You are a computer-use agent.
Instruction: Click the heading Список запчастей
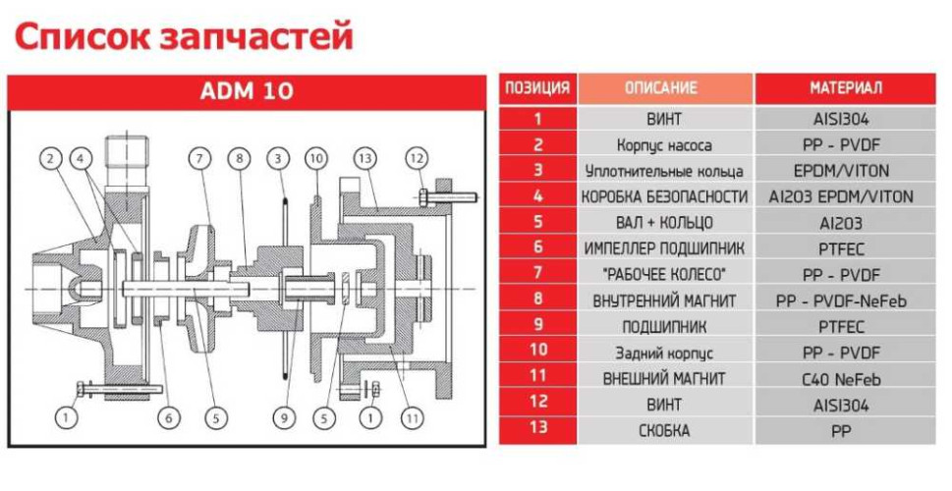(183, 37)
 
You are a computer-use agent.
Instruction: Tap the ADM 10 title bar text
(247, 92)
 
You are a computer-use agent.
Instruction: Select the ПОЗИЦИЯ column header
(537, 88)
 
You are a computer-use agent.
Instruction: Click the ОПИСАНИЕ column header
(664, 88)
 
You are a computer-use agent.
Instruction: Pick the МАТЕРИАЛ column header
(846, 88)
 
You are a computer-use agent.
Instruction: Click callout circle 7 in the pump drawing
(201, 158)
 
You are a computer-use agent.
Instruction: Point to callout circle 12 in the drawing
(417, 158)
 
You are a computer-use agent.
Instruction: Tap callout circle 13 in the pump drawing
(365, 158)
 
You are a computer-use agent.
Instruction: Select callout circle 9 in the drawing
(283, 418)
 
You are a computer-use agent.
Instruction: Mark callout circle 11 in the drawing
(414, 418)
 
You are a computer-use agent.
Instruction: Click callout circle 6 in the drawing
(169, 418)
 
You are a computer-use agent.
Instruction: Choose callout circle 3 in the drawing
(279, 158)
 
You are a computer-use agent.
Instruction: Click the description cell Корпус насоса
(664, 144)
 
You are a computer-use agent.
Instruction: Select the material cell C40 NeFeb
(846, 378)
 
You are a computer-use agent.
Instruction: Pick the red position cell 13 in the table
(537, 430)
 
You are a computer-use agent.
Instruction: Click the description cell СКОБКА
(664, 430)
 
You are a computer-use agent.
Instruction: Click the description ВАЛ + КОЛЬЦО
(664, 222)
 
